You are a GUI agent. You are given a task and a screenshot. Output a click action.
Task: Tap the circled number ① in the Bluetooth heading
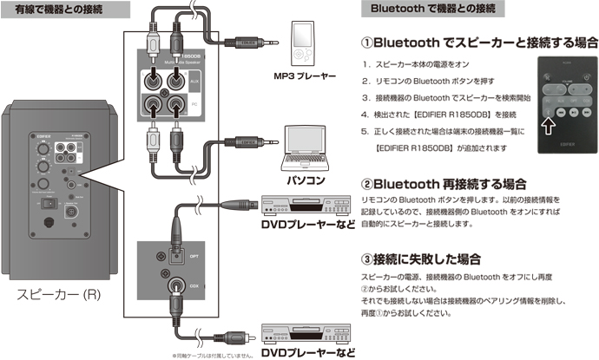368,41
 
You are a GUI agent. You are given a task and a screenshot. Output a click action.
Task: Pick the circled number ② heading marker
368,184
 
